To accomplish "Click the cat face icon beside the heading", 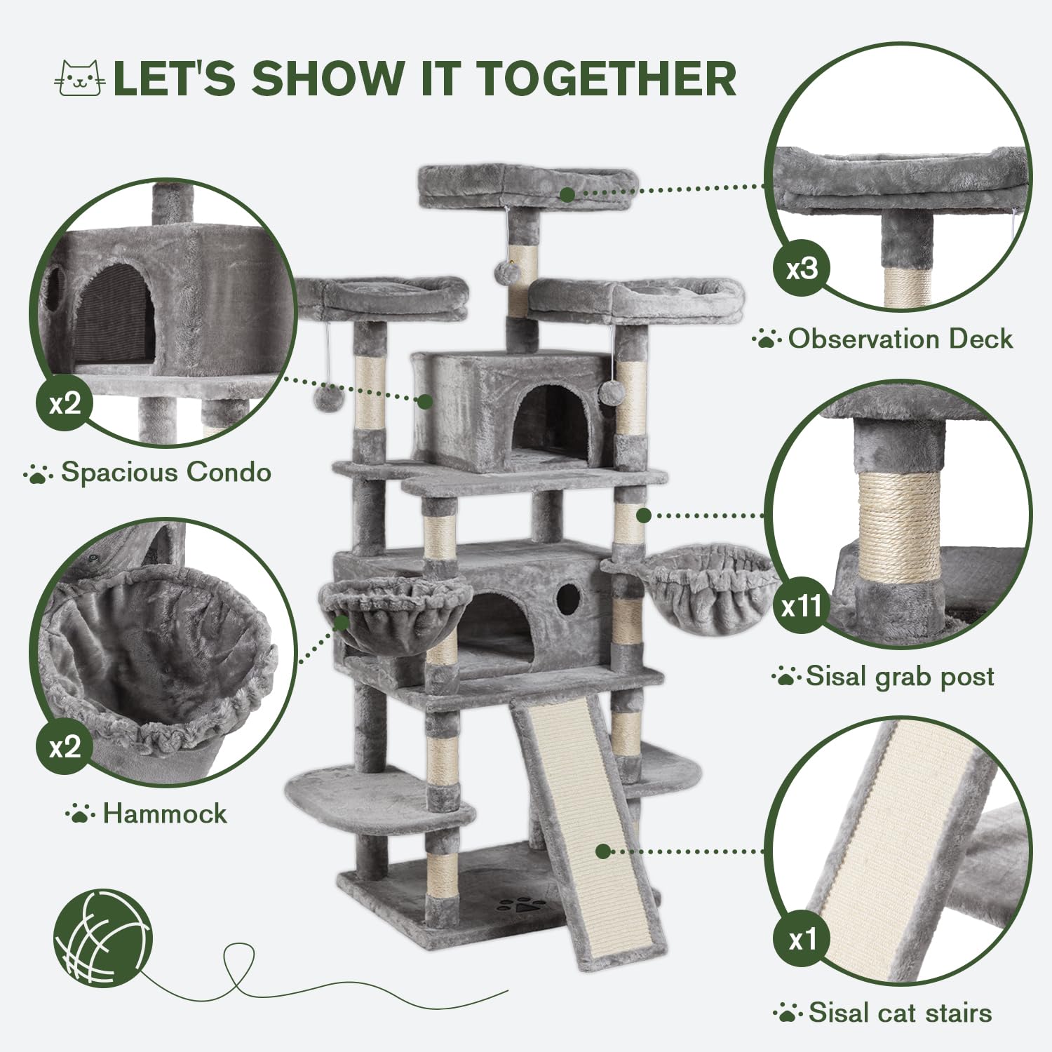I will point(79,78).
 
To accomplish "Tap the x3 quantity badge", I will point(802,269).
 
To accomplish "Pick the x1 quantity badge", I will point(802,939).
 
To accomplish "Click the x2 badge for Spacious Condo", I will point(65,403).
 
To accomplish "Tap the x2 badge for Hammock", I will point(65,746).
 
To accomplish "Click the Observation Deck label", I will point(901,339).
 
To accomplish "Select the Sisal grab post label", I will point(900,676).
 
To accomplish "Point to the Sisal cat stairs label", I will point(900,1013).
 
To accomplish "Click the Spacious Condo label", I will point(166,472).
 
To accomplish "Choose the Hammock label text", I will point(165,814).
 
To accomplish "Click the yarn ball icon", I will point(103,937).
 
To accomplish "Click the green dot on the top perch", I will point(567,194).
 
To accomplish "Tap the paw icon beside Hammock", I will point(79,814).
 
